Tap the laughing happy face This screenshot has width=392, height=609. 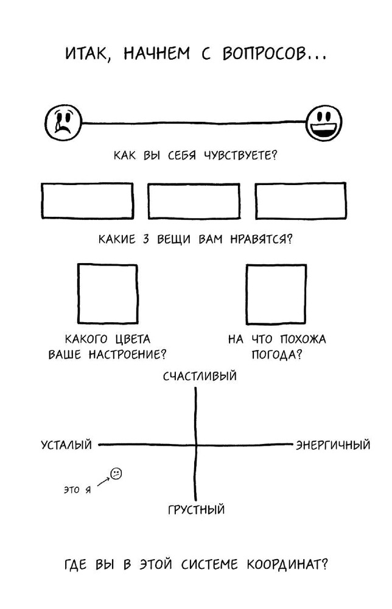click(324, 123)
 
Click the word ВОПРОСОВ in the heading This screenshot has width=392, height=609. click(264, 54)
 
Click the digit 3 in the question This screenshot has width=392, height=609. click(145, 239)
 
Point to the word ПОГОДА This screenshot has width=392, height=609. click(273, 354)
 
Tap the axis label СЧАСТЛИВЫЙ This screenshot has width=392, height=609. click(200, 376)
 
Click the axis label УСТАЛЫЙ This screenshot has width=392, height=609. click(67, 445)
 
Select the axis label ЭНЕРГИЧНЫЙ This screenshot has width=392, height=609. click(333, 445)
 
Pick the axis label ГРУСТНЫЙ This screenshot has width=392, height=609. click(197, 509)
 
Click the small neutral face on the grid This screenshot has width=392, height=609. click(116, 473)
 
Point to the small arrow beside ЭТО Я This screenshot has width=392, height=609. click(103, 482)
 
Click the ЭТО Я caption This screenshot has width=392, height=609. click(77, 490)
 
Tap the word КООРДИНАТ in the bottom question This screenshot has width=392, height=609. click(287, 564)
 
